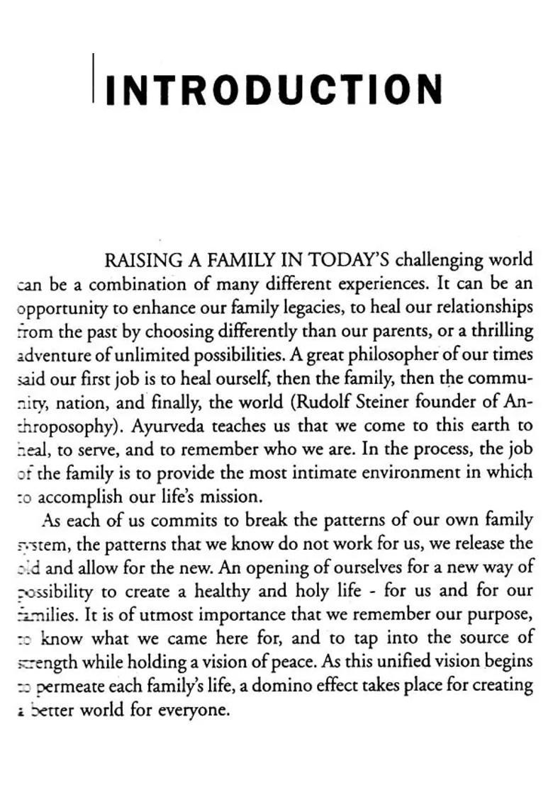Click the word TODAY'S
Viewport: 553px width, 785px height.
(x=349, y=260)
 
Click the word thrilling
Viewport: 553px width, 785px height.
(x=502, y=332)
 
